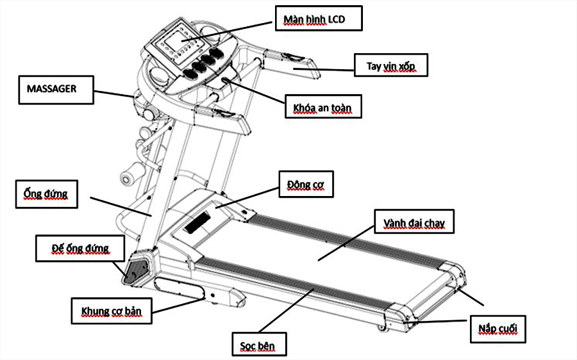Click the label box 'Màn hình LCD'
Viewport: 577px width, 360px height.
point(319,19)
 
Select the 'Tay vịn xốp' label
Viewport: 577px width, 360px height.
point(390,65)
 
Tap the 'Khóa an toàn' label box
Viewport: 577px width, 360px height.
point(323,107)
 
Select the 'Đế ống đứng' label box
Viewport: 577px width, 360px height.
point(80,248)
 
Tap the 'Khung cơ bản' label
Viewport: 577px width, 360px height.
point(111,311)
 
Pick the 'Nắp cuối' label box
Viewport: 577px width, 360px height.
point(498,329)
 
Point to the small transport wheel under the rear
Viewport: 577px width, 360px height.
point(383,328)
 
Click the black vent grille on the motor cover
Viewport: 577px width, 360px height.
point(197,221)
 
